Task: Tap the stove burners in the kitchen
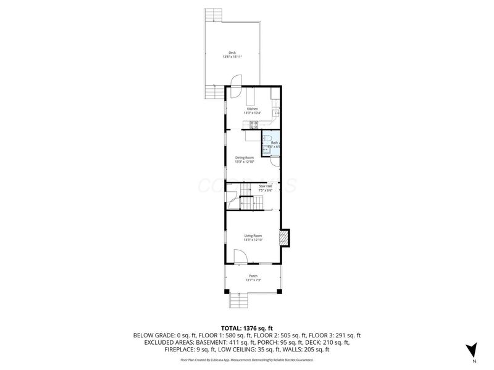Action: point(253,125)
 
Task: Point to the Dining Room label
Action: point(245,157)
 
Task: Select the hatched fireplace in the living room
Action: point(284,239)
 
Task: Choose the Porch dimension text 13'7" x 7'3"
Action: point(253,280)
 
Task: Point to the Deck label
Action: point(232,52)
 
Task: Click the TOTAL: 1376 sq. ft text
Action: point(246,328)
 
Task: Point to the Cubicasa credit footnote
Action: point(246,360)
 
